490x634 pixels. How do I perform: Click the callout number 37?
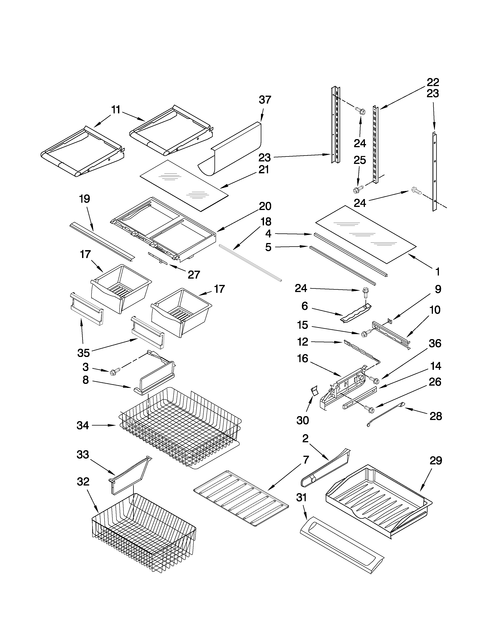(265, 100)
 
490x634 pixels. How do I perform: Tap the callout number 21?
(263, 169)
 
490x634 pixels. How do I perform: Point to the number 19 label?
(85, 199)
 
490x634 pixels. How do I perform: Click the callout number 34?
(83, 426)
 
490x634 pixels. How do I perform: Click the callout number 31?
(301, 498)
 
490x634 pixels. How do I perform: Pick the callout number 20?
(265, 206)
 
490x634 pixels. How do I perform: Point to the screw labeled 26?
(370, 410)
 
